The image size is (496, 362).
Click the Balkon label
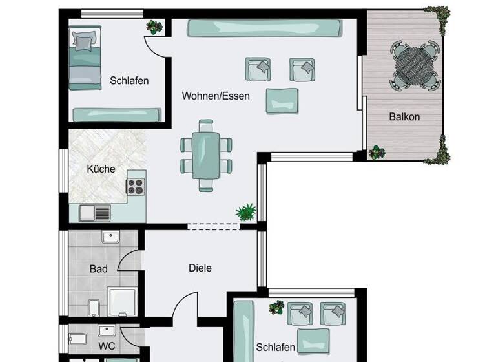pyautogui.click(x=404, y=117)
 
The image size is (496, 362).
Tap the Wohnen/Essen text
pyautogui.click(x=215, y=96)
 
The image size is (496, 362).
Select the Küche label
pyautogui.click(x=101, y=169)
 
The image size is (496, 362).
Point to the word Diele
pyautogui.click(x=200, y=268)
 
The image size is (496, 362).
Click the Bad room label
pyautogui.click(x=98, y=268)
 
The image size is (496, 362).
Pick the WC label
pyautogui.click(x=107, y=346)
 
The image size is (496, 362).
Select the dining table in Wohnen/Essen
pyautogui.click(x=207, y=155)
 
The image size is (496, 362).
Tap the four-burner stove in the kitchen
pyautogui.click(x=136, y=186)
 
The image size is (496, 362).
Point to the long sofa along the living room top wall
pyautogui.click(x=263, y=28)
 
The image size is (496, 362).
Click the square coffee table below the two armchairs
pyautogui.click(x=282, y=100)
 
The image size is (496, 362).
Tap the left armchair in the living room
pyautogui.click(x=257, y=69)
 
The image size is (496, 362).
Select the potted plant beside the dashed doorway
pyautogui.click(x=246, y=211)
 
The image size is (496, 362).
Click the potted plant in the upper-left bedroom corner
pyautogui.click(x=154, y=27)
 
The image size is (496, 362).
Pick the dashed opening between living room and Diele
pyautogui.click(x=214, y=226)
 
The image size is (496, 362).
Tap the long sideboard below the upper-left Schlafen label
pyautogui.click(x=116, y=115)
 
